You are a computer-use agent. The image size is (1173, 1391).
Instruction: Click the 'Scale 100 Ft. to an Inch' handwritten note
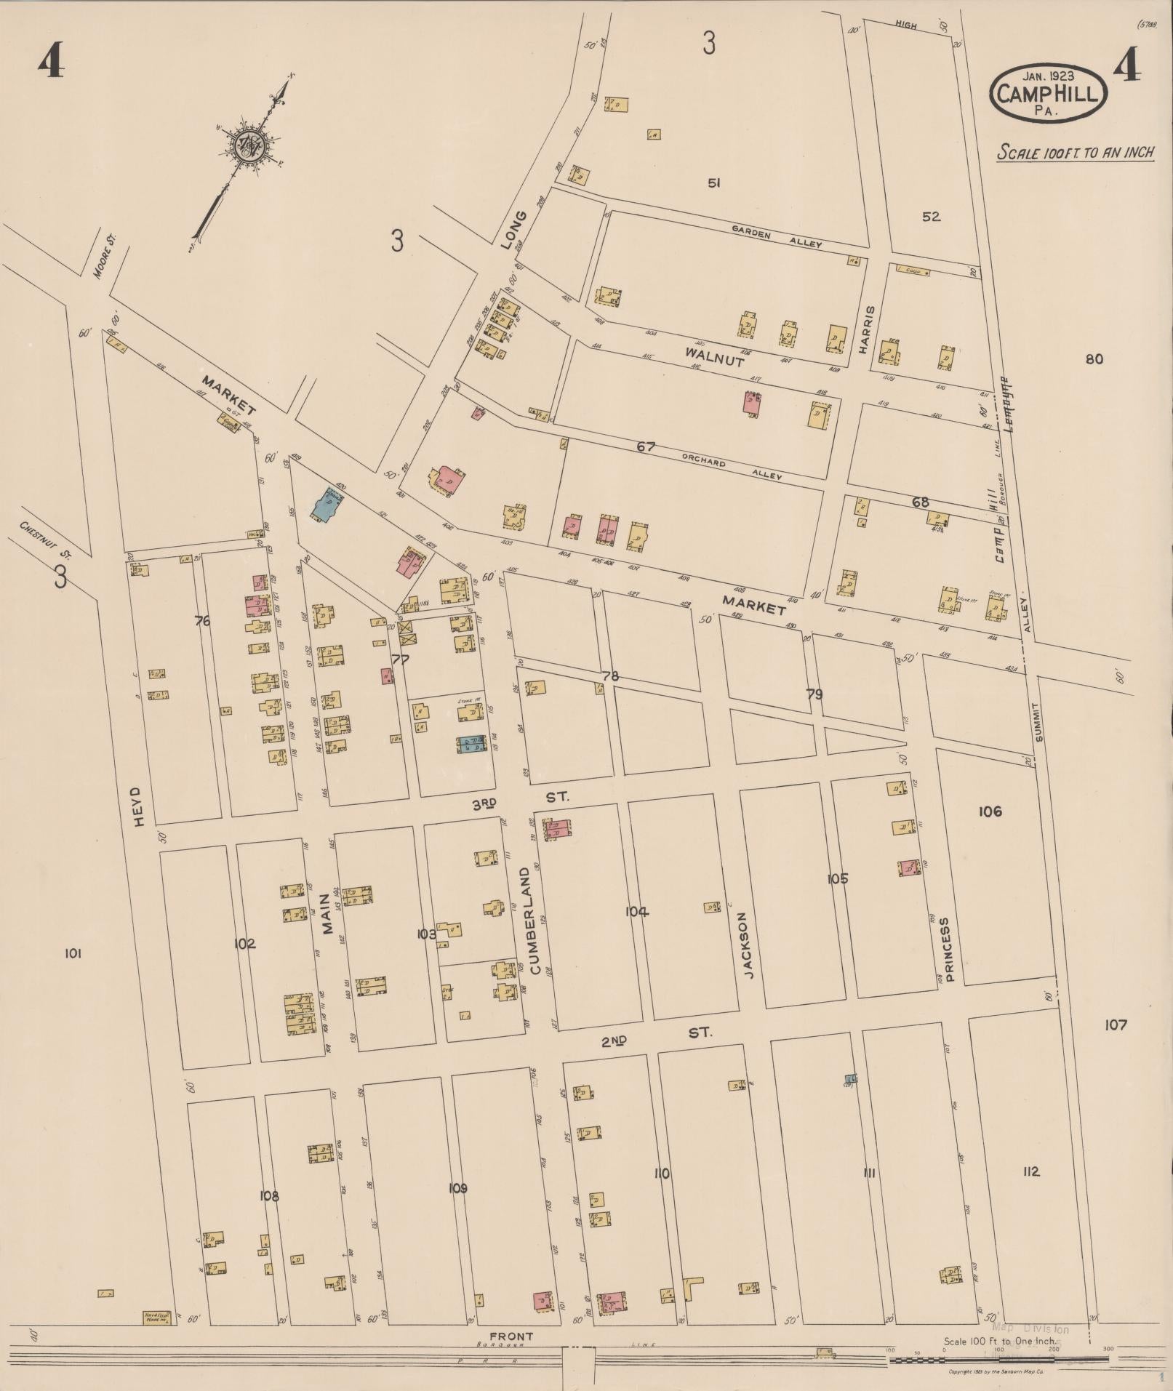(x=1076, y=153)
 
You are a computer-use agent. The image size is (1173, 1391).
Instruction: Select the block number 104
(x=636, y=912)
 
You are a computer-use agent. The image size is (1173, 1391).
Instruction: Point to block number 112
(x=1030, y=1171)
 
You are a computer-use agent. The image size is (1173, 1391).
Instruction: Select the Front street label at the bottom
(x=511, y=1336)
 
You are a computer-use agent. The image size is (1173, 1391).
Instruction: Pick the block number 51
(x=713, y=183)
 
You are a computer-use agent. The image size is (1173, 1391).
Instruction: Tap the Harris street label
(x=864, y=329)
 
